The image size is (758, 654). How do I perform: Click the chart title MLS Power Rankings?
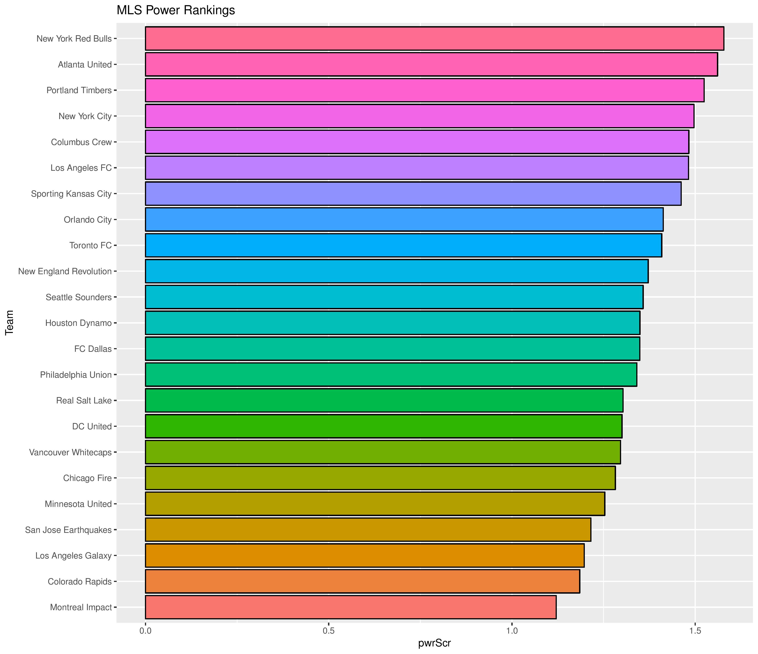[x=175, y=10]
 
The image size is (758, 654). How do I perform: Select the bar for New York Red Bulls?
[x=434, y=38]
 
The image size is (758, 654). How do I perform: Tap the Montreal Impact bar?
[x=351, y=607]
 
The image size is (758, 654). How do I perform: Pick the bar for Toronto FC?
[x=403, y=245]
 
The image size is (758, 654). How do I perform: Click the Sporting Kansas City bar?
[x=413, y=193]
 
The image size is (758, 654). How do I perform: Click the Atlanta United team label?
[x=85, y=65]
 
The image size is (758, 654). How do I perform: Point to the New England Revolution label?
[x=65, y=271]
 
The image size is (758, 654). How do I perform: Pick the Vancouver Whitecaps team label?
[x=70, y=452]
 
